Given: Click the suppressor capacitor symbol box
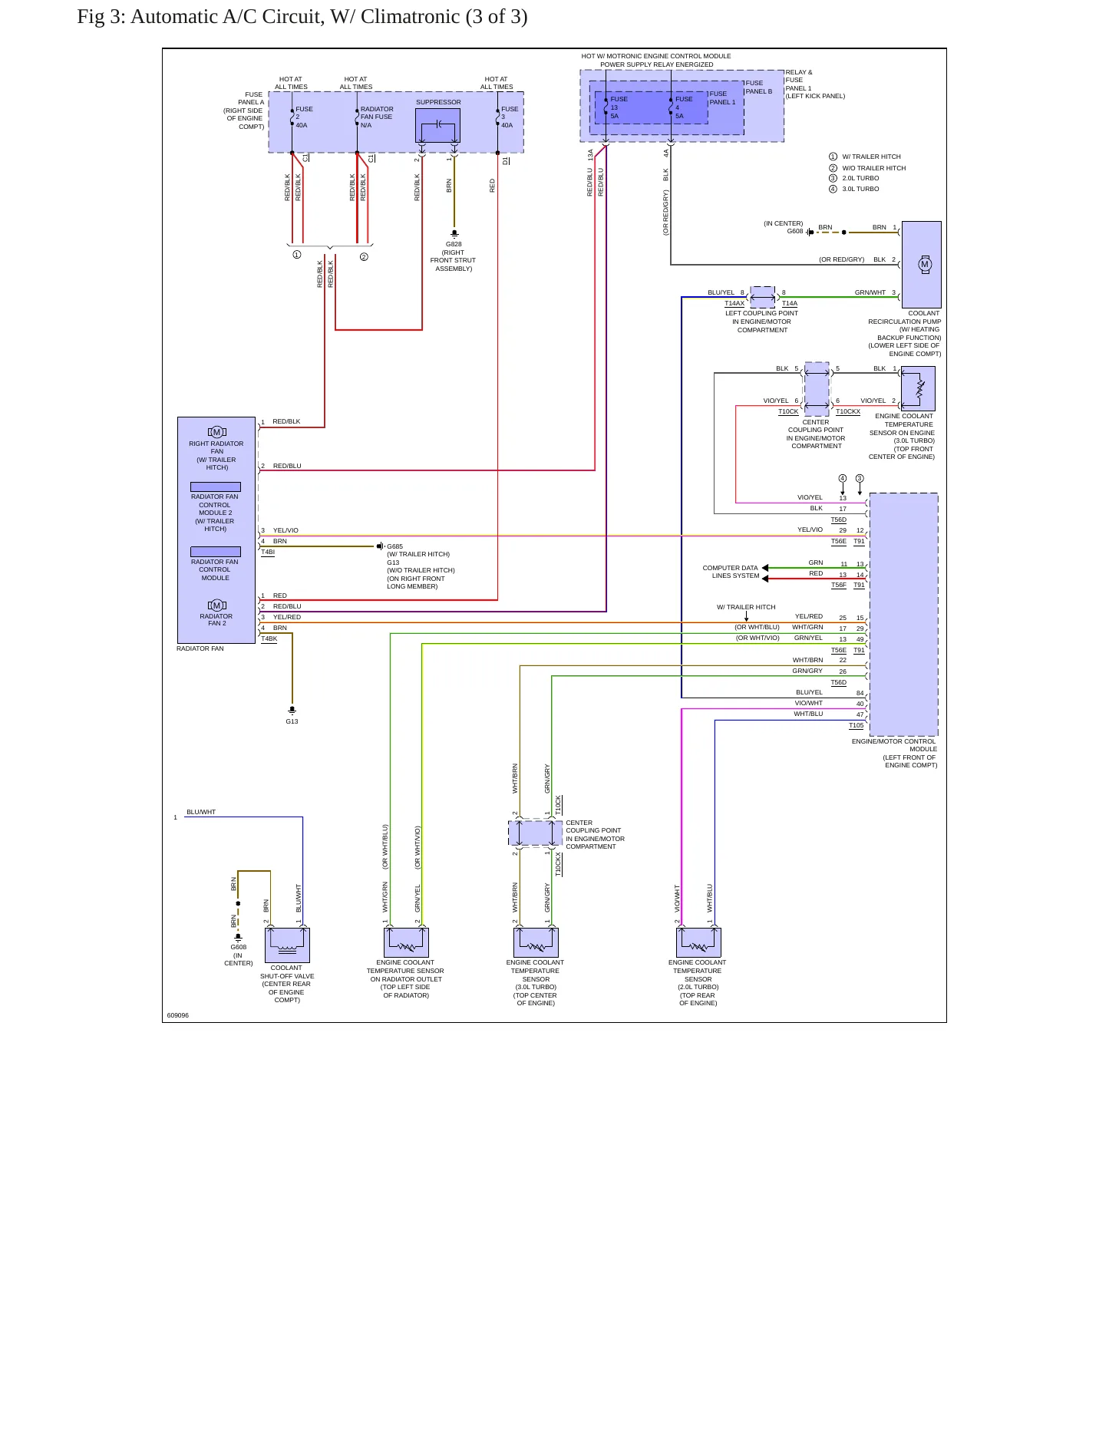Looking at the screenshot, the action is coord(437,125).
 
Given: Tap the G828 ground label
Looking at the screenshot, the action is coord(454,244).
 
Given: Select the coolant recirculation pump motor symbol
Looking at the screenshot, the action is coord(925,264).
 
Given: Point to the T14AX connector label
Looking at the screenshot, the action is coord(734,303).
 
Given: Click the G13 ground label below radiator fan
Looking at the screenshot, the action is coord(292,721).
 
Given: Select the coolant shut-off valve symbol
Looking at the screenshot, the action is coord(287,945).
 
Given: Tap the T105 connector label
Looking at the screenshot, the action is coord(856,725).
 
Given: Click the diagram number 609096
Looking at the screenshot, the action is coord(178,1015).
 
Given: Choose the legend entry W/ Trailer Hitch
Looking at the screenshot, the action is coord(865,157).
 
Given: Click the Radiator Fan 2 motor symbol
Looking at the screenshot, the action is coord(217,605).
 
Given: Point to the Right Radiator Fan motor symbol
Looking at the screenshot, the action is coord(217,432).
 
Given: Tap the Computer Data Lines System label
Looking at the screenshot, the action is coord(731,572).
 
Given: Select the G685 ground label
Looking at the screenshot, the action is coord(394,546).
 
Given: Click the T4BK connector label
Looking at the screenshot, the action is coord(269,638).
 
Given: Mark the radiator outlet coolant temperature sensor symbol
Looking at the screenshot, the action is coord(406,942).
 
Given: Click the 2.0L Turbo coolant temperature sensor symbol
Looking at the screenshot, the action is coord(698,942).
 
